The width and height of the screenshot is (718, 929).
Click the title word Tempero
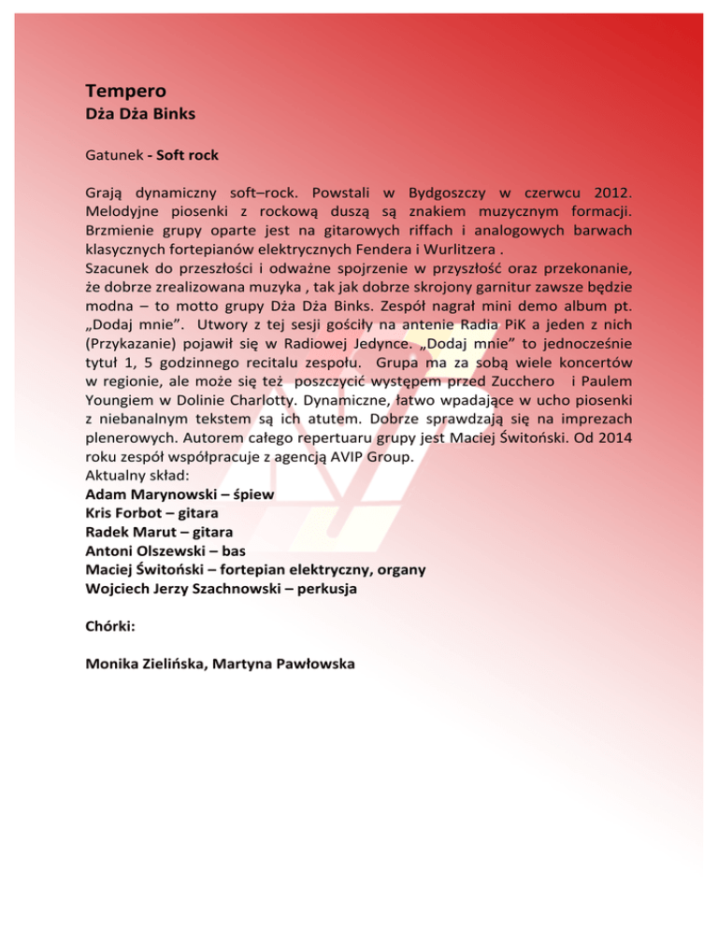(125, 92)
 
